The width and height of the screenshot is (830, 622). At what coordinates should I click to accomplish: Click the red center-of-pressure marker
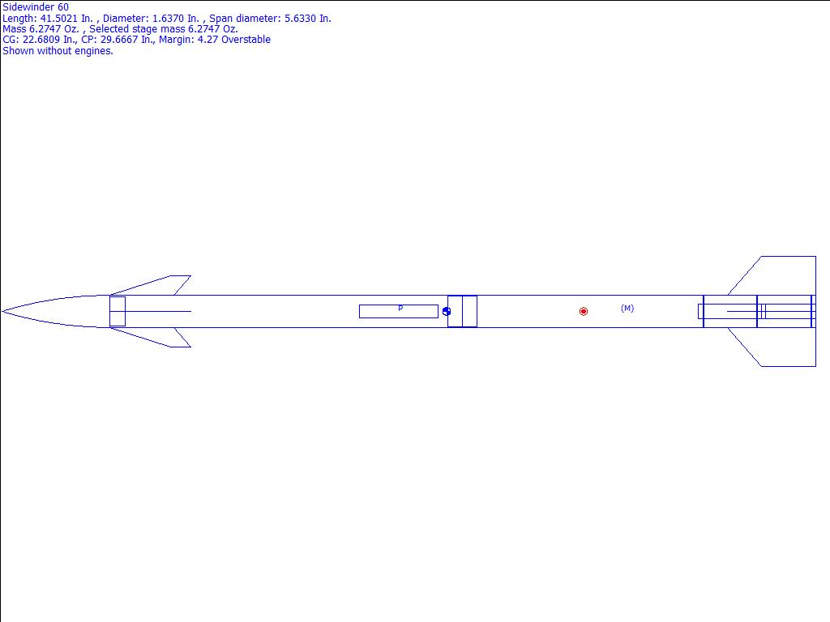click(x=584, y=312)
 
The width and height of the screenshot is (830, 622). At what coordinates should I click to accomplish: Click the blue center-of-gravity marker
click(x=447, y=312)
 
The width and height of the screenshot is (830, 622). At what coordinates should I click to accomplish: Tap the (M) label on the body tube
click(x=627, y=308)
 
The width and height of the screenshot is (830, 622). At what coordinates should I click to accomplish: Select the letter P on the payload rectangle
click(x=400, y=308)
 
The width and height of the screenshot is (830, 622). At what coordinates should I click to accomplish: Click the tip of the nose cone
click(x=2, y=312)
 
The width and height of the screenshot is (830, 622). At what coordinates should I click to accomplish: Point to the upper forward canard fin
click(x=159, y=286)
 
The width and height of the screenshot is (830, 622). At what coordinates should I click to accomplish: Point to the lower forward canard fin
click(x=159, y=338)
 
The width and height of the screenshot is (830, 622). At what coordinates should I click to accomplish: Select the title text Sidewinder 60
click(x=36, y=7)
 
